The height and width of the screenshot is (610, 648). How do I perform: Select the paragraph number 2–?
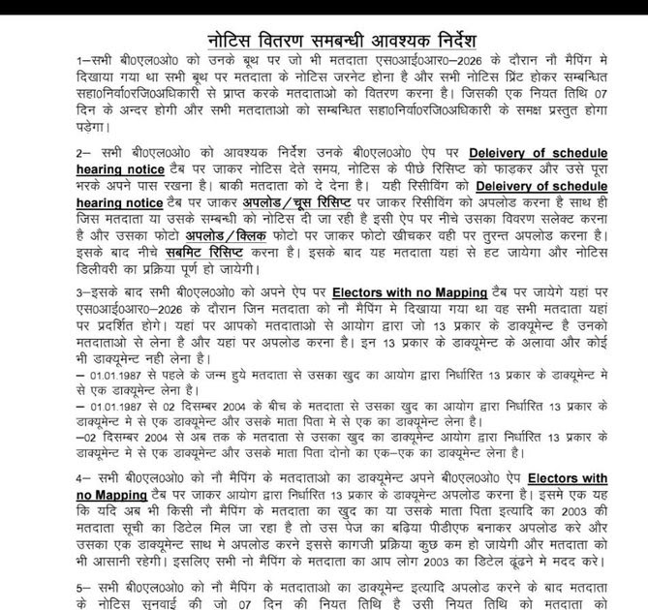(x=82, y=153)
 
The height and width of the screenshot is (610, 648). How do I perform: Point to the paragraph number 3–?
(x=82, y=290)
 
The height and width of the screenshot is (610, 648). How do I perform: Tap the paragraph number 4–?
(x=82, y=478)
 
